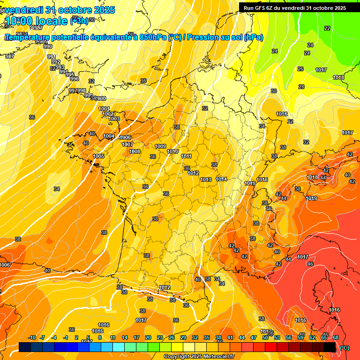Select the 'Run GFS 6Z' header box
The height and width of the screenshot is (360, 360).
click(294, 7)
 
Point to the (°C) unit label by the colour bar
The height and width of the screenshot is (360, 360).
click(344, 348)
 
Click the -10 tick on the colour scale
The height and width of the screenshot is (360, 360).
click(32, 338)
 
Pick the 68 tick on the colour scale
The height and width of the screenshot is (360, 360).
click(336, 338)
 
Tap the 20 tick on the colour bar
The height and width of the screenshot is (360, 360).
click(148, 338)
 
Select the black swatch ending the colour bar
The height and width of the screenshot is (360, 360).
click(330, 347)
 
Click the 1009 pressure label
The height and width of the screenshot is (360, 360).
click(160, 146)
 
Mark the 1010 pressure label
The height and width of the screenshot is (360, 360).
click(172, 151)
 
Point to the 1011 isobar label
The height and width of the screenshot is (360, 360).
click(186, 156)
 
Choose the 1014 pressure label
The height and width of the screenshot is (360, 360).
click(222, 180)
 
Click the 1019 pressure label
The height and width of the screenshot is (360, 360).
click(311, 198)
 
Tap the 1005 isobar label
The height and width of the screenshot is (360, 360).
click(98, 156)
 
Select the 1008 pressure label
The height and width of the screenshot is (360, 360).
click(135, 151)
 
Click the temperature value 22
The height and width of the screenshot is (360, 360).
click(327, 28)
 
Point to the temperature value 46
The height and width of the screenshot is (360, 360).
click(310, 264)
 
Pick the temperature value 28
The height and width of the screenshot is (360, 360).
click(301, 87)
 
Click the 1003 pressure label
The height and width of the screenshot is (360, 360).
click(114, 119)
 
